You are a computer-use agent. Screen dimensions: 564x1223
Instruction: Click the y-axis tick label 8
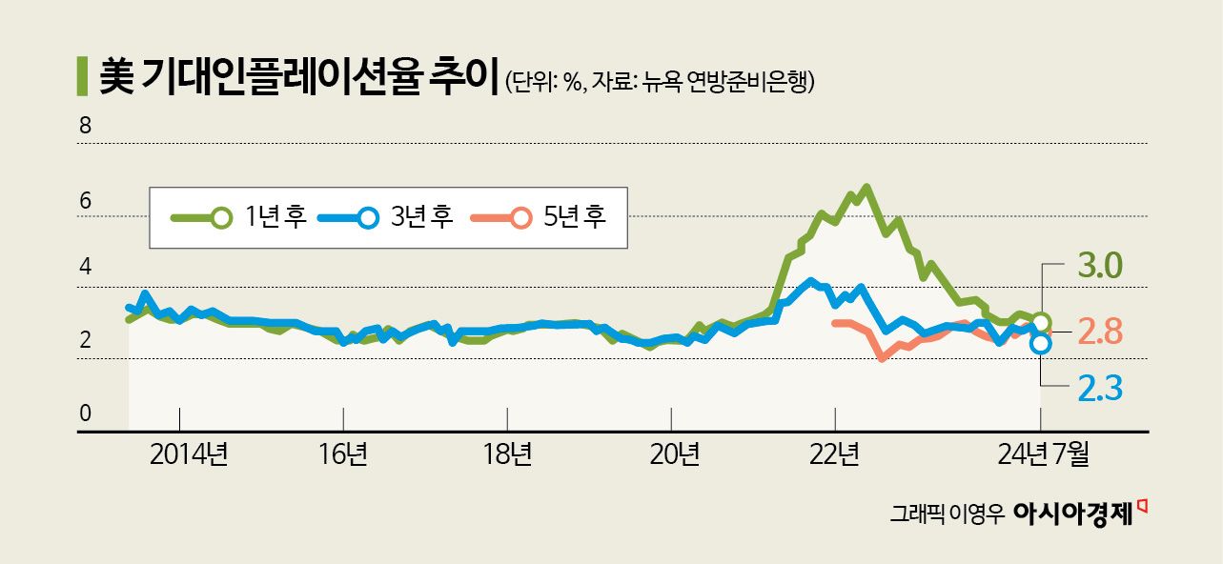(84, 124)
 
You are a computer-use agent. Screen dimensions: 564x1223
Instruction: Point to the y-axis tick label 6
(84, 201)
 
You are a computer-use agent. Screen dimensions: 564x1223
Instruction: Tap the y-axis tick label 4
(84, 268)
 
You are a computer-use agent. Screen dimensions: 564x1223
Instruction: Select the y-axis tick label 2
(84, 340)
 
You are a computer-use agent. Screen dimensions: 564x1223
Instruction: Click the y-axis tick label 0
(84, 413)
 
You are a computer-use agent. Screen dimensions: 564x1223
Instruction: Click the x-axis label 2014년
(189, 454)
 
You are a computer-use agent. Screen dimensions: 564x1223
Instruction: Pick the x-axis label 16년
(343, 454)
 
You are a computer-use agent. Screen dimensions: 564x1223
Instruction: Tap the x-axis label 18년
(507, 454)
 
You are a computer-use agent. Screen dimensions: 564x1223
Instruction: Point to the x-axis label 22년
(835, 454)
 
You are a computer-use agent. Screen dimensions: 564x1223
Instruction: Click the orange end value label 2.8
(1100, 332)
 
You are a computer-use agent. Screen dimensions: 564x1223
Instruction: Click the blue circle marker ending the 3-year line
(1041, 343)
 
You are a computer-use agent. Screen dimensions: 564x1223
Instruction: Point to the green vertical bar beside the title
(81, 76)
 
